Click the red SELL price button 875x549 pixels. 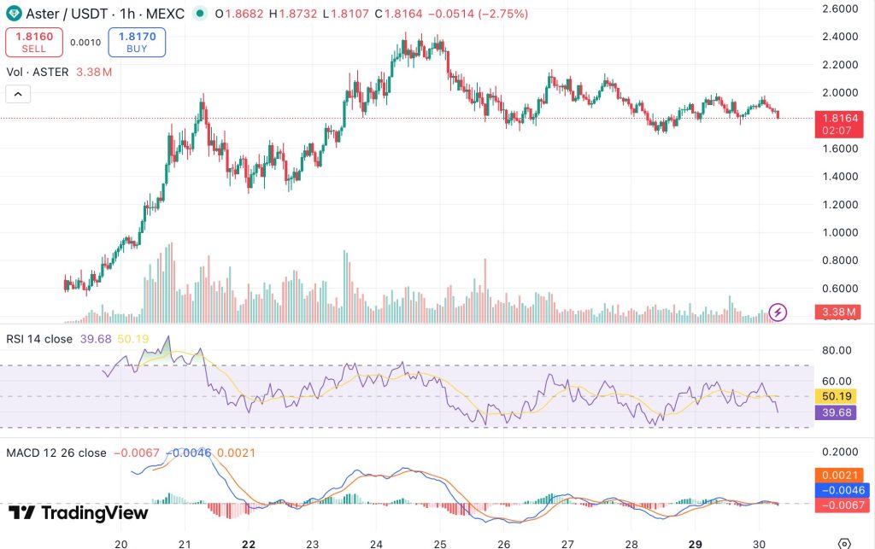click(x=34, y=42)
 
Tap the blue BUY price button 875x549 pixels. click(x=137, y=42)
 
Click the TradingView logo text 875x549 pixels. click(x=79, y=513)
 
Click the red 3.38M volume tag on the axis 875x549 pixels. click(x=840, y=312)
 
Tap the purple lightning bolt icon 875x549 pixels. click(x=778, y=312)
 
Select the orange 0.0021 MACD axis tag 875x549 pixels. click(x=841, y=475)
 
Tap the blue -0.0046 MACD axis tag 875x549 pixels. click(x=841, y=490)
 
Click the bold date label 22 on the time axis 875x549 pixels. click(x=249, y=543)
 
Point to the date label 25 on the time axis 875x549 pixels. click(x=440, y=543)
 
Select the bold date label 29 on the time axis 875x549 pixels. click(x=696, y=543)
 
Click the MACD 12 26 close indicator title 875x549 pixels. click(x=56, y=453)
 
